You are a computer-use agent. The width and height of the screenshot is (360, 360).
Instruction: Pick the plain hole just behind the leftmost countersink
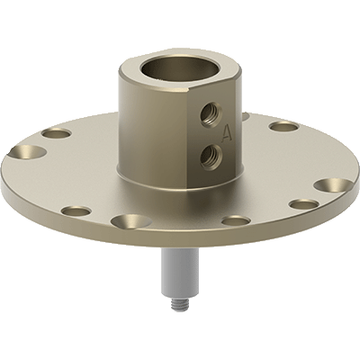(56, 133)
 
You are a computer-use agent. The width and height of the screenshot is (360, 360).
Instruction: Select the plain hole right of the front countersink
(236, 220)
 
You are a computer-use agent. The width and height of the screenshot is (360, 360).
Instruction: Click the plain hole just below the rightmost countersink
(306, 205)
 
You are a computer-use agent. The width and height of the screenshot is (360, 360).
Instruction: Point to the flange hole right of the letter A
(283, 126)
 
